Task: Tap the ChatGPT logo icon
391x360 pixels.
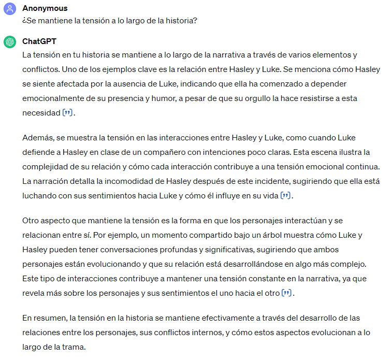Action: click(x=10, y=42)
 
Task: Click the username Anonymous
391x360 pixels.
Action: click(x=45, y=8)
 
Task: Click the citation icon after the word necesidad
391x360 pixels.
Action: click(x=68, y=113)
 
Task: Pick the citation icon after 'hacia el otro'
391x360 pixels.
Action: click(x=287, y=293)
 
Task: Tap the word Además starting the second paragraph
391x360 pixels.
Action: click(x=37, y=137)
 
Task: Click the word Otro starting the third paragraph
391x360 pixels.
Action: click(x=31, y=220)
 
